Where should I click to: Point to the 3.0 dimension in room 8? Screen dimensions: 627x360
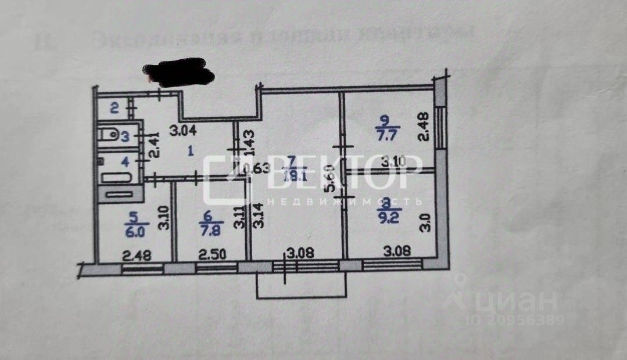pos(427,222)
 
